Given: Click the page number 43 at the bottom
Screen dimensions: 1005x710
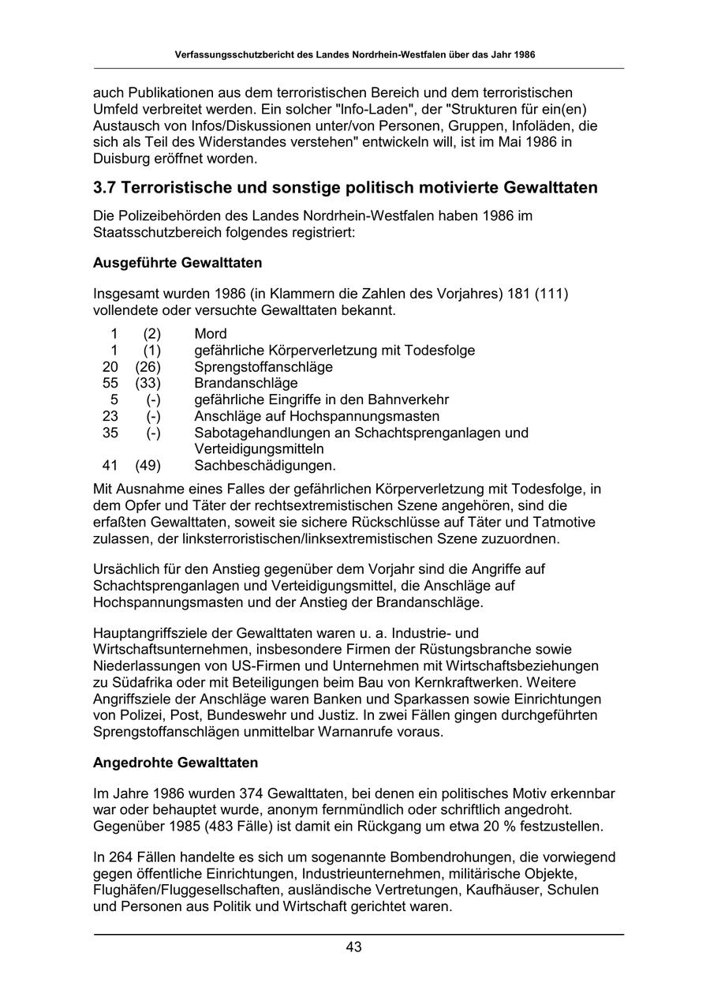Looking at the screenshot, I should (x=353, y=947).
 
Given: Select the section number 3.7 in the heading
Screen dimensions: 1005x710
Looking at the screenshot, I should (x=106, y=188).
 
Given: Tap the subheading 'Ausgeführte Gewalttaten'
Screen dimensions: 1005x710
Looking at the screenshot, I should (x=177, y=262).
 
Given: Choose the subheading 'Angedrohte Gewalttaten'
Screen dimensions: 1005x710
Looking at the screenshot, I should (x=175, y=763).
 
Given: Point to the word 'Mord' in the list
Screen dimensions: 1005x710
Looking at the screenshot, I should (x=211, y=334).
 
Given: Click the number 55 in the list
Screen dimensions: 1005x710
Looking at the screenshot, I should (x=110, y=384).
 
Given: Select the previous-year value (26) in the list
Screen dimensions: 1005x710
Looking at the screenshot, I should (x=148, y=367).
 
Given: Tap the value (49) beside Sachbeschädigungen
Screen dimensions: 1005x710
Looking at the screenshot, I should (x=148, y=466).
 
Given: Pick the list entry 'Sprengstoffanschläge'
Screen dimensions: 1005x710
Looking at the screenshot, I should (x=263, y=367).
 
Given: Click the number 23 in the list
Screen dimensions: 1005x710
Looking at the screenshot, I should (x=110, y=416).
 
